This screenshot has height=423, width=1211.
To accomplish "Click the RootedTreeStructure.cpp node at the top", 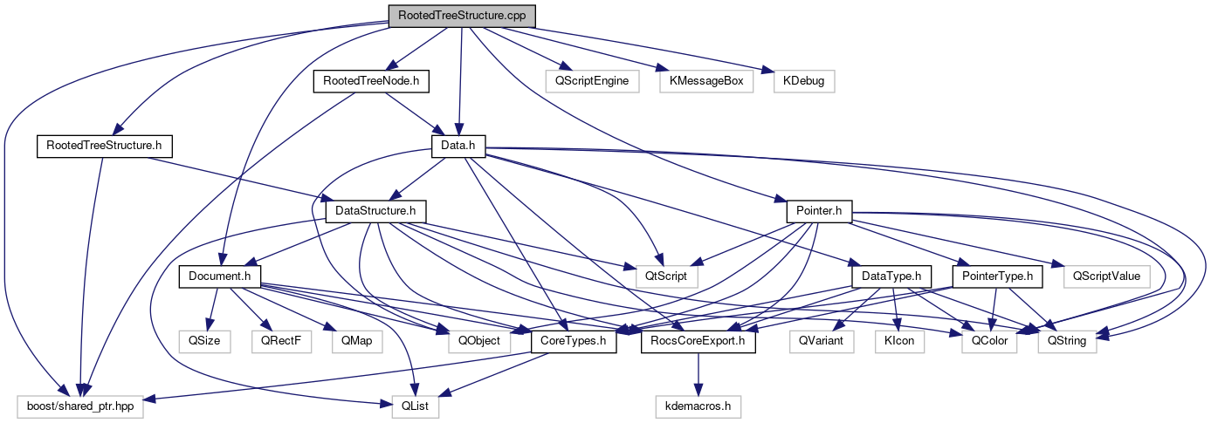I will click(461, 15).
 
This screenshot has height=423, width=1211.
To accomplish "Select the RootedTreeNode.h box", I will click(372, 81).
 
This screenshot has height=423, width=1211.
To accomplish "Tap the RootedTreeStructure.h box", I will click(104, 146).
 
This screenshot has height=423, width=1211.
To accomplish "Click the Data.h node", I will click(458, 146).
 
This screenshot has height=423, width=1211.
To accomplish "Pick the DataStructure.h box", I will click(375, 211).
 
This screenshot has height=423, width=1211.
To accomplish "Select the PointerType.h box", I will click(997, 276).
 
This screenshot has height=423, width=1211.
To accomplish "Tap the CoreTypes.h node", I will click(574, 341).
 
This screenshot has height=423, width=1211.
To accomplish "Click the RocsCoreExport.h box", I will click(698, 341).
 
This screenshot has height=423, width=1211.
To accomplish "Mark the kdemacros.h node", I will click(698, 406).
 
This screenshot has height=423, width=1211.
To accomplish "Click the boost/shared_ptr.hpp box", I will click(79, 406).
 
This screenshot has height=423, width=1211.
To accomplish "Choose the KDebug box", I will click(804, 81).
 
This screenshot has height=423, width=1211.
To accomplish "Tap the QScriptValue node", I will click(1106, 276).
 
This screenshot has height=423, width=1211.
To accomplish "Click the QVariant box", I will click(821, 341).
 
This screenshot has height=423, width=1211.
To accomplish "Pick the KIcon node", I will click(899, 341).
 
